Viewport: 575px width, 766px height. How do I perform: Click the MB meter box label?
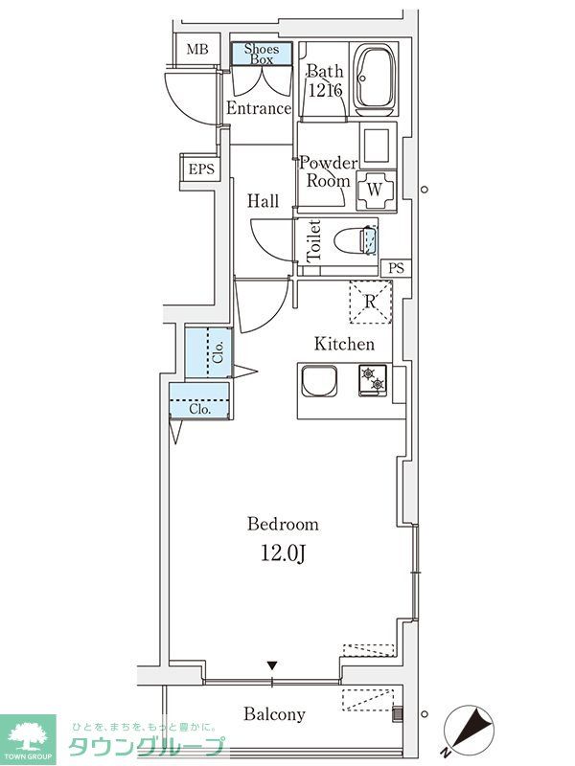[x=196, y=50]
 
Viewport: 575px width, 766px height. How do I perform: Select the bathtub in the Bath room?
[x=375, y=79]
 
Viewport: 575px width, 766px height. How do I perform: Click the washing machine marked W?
[x=376, y=190]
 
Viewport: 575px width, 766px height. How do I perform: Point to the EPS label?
[x=200, y=170]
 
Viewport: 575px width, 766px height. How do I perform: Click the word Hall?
[x=264, y=201]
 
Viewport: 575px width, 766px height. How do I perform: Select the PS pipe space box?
[x=395, y=267]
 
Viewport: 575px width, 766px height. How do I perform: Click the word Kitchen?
[x=345, y=344]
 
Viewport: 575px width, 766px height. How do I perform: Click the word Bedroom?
[x=283, y=524]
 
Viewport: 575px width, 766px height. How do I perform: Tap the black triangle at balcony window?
[x=272, y=665]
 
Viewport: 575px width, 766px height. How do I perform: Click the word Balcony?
[x=274, y=714]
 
